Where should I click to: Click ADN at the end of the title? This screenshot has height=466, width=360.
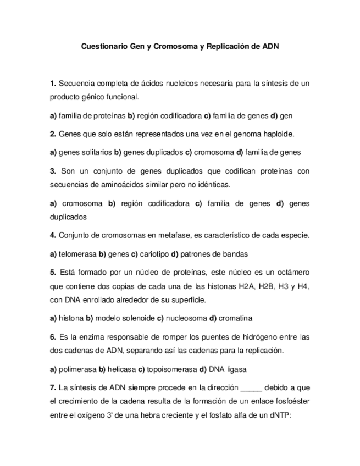click(x=270, y=47)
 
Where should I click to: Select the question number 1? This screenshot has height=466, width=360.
click(x=53, y=84)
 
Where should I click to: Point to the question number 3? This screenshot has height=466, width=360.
click(x=53, y=171)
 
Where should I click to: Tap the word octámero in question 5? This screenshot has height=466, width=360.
click(x=291, y=272)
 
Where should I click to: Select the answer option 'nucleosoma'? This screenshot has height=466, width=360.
click(x=185, y=318)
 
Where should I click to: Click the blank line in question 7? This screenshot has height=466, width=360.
click(x=252, y=388)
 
